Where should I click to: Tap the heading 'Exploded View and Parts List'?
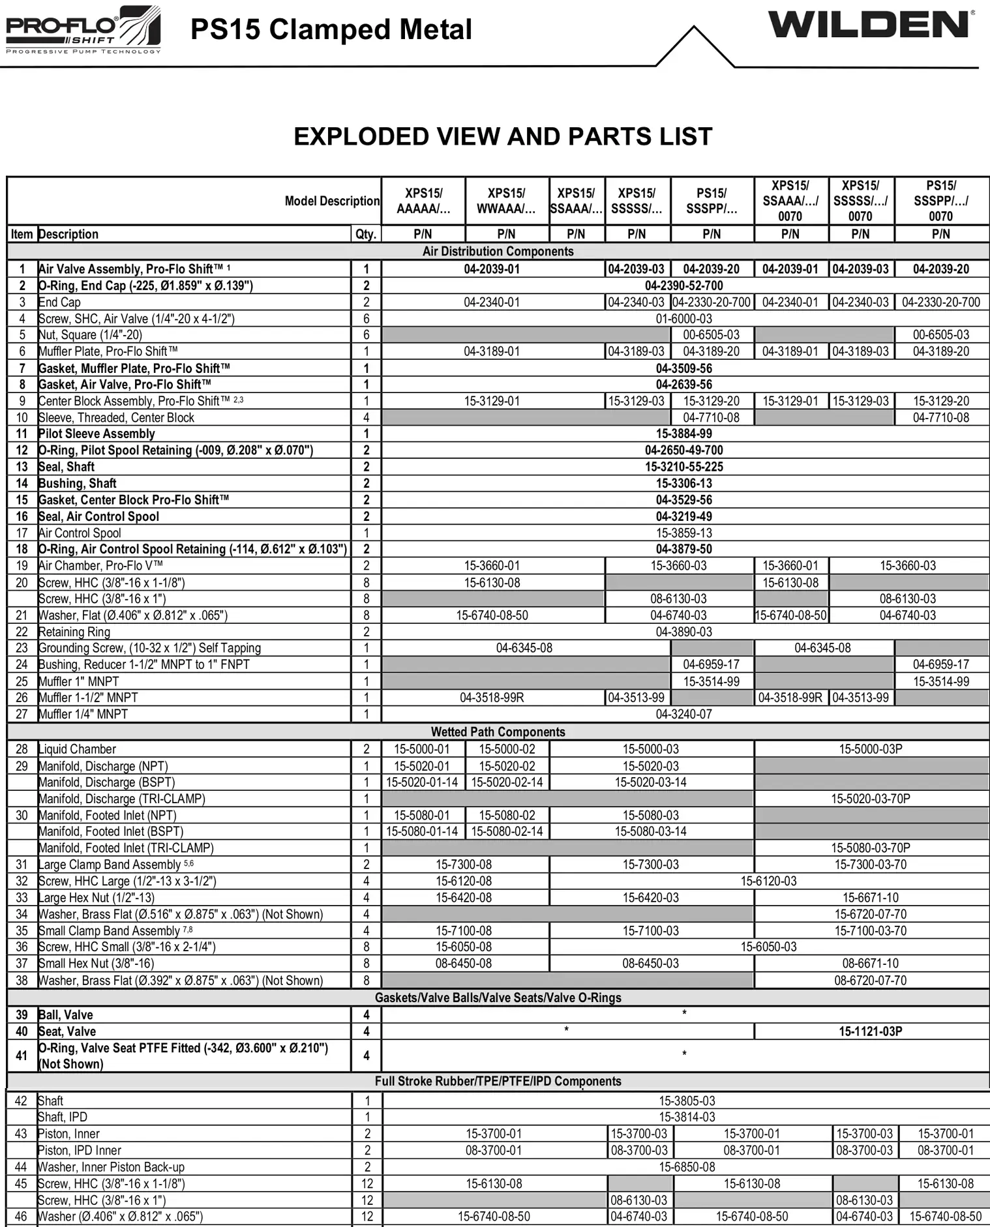click(502, 136)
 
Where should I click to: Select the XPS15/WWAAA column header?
click(506, 201)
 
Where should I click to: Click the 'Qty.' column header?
click(366, 234)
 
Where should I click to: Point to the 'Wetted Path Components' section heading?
click(498, 732)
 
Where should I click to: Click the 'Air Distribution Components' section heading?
click(498, 252)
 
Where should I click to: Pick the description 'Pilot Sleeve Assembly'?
click(97, 434)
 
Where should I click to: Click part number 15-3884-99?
click(683, 434)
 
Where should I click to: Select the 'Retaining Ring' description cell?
click(74, 632)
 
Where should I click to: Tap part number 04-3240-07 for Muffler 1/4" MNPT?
click(683, 714)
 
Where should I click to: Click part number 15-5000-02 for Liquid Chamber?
click(507, 749)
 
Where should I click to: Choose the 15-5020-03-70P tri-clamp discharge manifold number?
click(870, 799)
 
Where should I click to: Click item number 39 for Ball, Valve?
click(22, 1014)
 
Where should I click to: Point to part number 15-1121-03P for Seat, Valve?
click(870, 1031)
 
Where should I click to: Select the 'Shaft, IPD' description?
click(63, 1117)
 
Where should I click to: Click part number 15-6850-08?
click(686, 1166)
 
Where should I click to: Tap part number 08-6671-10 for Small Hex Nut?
click(870, 963)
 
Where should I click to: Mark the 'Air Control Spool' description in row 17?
click(80, 533)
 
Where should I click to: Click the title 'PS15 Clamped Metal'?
click(331, 30)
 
